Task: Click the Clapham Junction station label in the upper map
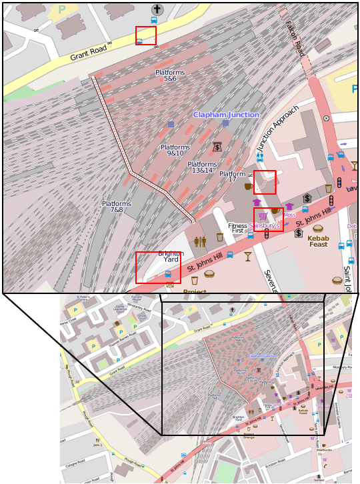click(226, 115)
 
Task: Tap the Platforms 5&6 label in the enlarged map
click(170, 75)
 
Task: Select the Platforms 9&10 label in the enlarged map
click(175, 150)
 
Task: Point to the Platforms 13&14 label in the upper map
click(202, 167)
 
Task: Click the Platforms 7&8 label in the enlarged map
click(117, 207)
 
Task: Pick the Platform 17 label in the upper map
click(233, 177)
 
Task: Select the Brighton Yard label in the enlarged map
click(171, 256)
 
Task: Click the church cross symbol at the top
click(157, 9)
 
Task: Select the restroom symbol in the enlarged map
click(200, 241)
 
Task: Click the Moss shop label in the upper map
click(290, 215)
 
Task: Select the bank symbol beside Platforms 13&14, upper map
click(217, 147)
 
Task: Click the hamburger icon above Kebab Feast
click(318, 229)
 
